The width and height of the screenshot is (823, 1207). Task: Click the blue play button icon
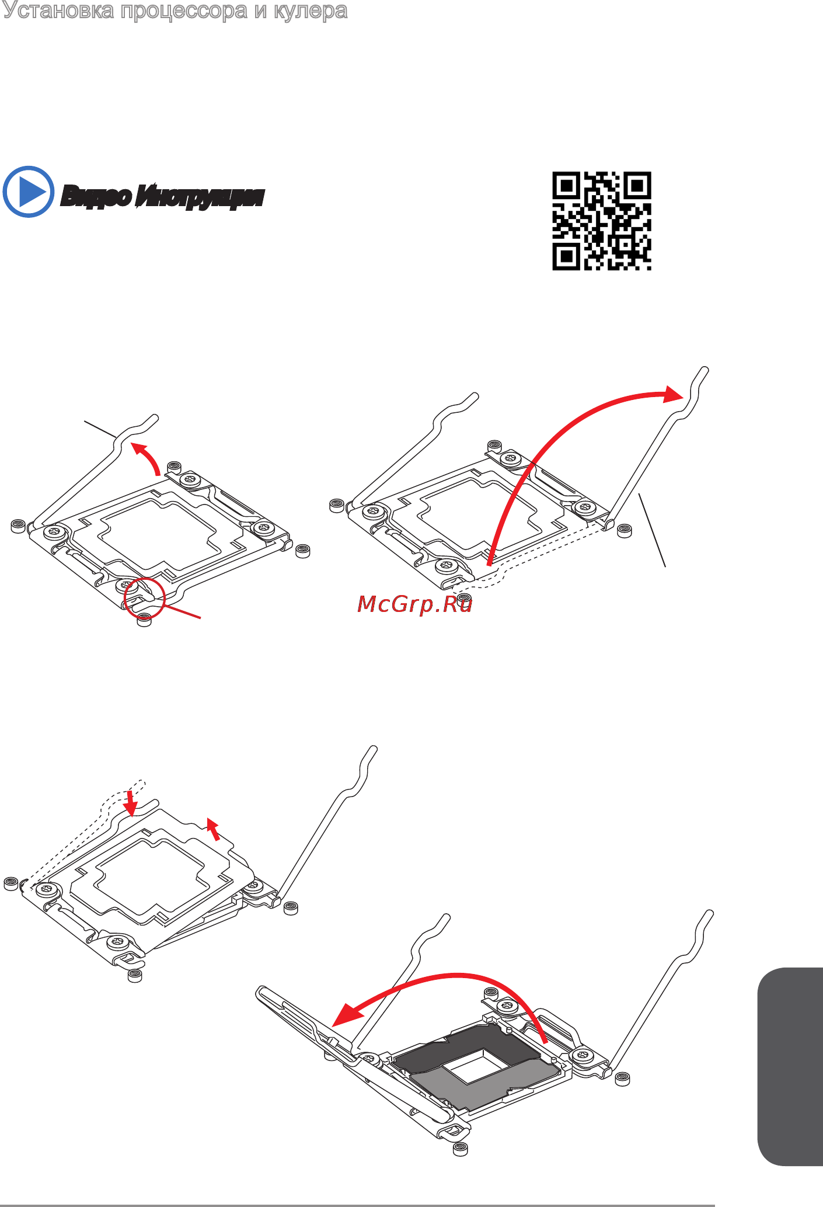pos(28,192)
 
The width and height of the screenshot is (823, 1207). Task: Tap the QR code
pos(602,221)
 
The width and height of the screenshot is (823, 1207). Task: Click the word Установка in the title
pos(58,11)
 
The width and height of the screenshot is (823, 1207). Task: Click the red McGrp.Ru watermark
pos(414,604)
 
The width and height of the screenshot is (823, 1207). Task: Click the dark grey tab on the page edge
pos(790,1067)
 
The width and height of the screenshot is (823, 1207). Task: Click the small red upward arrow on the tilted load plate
pos(214,829)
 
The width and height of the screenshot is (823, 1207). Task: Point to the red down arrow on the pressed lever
pos(131,803)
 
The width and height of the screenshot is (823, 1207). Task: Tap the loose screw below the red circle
pos(144,621)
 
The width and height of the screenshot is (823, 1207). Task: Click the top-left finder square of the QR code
pos(566,186)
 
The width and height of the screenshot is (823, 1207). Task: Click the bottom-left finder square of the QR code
pos(566,256)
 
